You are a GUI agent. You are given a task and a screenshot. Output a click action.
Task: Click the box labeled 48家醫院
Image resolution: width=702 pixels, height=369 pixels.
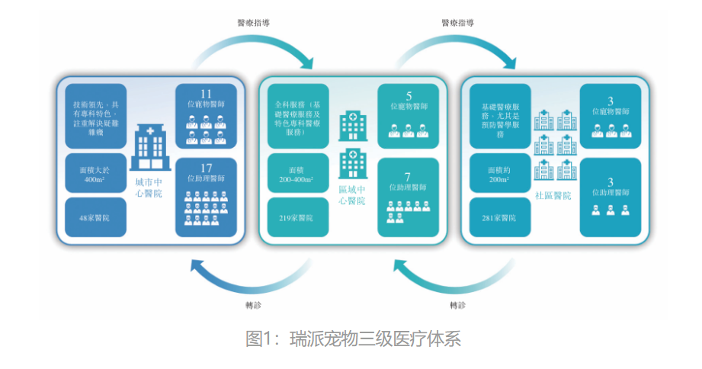95,217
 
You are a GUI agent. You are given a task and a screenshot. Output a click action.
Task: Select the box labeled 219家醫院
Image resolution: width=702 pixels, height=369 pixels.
298,218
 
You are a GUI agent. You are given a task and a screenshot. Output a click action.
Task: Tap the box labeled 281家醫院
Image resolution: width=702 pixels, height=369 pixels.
500,217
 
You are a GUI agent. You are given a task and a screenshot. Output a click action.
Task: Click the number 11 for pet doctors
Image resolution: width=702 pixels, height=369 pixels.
207,95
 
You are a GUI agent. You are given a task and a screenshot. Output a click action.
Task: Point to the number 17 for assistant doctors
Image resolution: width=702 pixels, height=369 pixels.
207,168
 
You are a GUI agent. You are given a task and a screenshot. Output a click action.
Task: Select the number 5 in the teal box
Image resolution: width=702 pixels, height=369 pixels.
409,96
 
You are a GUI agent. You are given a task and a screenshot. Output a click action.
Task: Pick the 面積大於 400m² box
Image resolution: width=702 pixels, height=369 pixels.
95,173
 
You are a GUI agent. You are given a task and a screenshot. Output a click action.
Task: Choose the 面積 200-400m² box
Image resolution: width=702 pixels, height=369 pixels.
298,173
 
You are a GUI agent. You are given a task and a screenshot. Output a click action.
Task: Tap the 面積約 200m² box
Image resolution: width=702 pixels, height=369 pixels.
500,173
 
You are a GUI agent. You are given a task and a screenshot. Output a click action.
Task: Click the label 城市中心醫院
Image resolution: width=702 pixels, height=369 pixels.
147,188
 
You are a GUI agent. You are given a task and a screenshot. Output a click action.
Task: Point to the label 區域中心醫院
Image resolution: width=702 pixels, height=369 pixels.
351,194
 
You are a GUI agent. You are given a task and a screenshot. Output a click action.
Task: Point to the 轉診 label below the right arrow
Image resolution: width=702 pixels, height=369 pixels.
457,305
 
